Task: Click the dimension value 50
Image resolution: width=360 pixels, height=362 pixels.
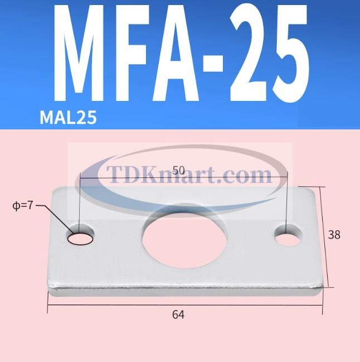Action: pyautogui.click(x=178, y=171)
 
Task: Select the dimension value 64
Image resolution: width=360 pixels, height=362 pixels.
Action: pyautogui.click(x=178, y=315)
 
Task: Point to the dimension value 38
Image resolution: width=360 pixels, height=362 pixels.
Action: pyautogui.click(x=334, y=235)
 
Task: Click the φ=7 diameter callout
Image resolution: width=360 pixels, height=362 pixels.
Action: pyautogui.click(x=23, y=206)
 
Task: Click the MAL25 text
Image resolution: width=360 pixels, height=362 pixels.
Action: pyautogui.click(x=68, y=117)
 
